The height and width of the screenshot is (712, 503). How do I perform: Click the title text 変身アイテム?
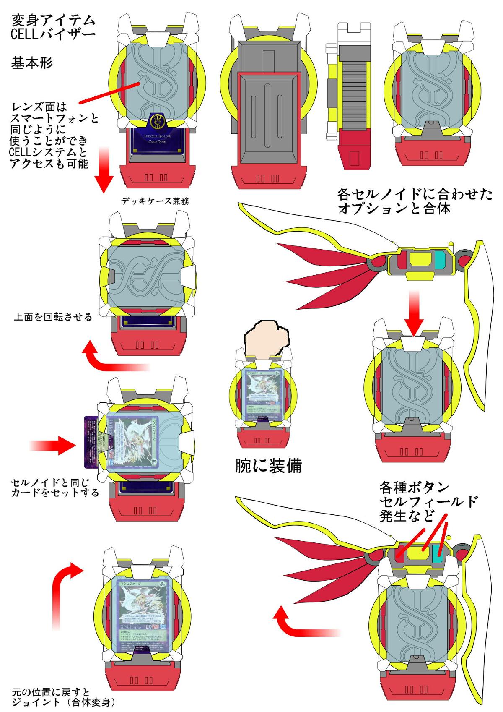(x=53, y=20)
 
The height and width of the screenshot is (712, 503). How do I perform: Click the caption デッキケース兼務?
(x=155, y=201)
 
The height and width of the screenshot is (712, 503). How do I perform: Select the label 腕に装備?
(x=268, y=466)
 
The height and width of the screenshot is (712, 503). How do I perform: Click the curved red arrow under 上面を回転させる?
(x=113, y=359)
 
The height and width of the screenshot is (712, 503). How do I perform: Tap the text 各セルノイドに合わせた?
(x=415, y=194)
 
